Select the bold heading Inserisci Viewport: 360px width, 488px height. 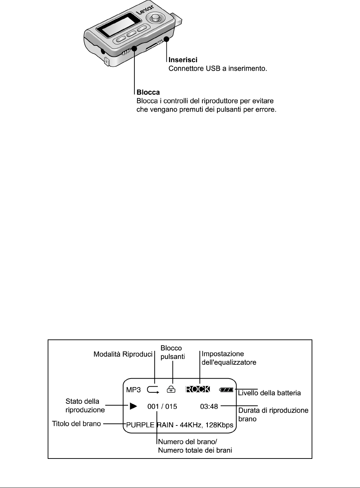(x=183, y=60)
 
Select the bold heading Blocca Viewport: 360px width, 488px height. (x=148, y=92)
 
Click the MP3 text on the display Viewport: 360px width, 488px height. (x=133, y=390)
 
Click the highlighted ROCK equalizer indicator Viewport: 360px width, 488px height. (x=198, y=389)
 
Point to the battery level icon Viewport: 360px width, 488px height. (x=226, y=390)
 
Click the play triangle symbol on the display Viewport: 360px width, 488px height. (x=133, y=406)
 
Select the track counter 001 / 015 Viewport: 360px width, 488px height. (x=162, y=406)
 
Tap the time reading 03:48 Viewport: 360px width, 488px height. (x=209, y=406)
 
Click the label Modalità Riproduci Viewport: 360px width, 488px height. (x=123, y=354)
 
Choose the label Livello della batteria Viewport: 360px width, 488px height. (x=269, y=393)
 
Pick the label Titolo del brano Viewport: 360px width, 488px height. (x=76, y=424)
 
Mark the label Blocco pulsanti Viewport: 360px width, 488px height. (x=173, y=353)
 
